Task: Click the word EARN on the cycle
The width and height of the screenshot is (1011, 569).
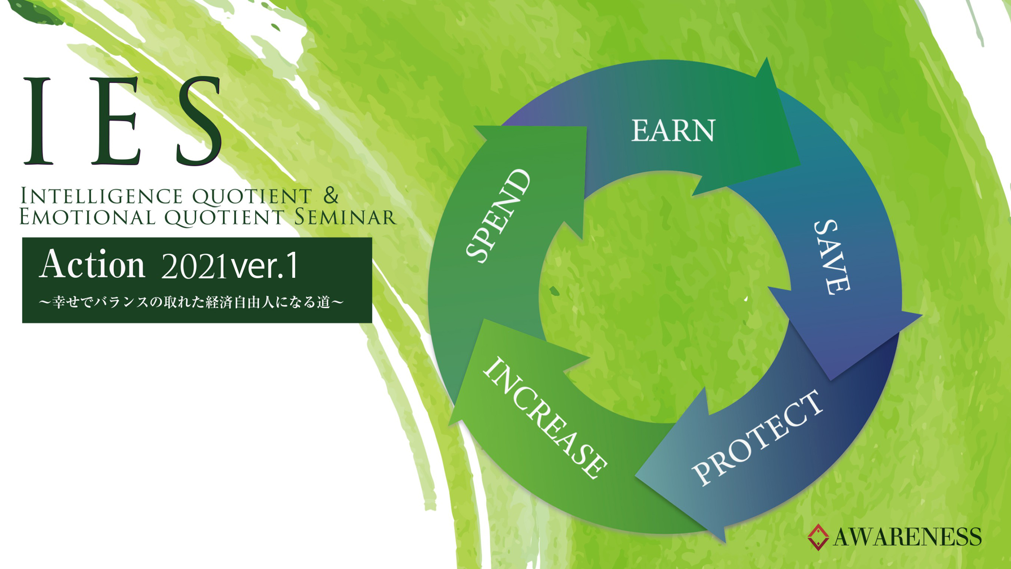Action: [x=673, y=131]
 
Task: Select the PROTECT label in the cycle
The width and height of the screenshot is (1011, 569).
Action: [x=757, y=437]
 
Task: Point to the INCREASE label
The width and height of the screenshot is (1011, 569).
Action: [x=545, y=418]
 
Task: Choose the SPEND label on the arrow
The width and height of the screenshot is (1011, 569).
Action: [x=498, y=215]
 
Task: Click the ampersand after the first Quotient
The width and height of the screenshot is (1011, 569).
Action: [x=331, y=195]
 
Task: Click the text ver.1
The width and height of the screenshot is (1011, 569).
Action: [x=264, y=266]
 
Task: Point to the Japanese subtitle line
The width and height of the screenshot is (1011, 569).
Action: [x=191, y=302]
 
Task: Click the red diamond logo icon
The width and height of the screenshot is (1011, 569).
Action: [x=818, y=537]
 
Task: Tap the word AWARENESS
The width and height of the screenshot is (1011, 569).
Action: [x=907, y=537]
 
